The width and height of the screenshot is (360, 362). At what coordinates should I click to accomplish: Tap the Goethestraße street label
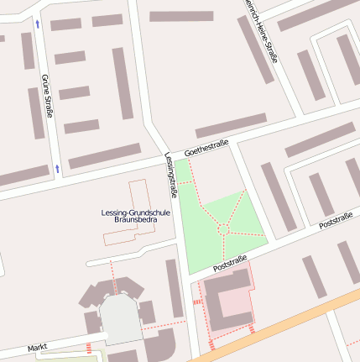click(206, 148)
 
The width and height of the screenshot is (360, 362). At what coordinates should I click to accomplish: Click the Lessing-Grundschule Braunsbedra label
click(135, 215)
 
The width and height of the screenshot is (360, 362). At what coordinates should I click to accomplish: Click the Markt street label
click(37, 347)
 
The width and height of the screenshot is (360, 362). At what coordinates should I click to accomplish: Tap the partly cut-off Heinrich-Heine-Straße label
click(263, 29)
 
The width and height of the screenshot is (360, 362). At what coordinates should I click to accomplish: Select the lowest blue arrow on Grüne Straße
click(57, 169)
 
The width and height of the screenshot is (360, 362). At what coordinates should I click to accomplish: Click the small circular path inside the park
click(223, 228)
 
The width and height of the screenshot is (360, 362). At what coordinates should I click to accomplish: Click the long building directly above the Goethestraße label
click(230, 126)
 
